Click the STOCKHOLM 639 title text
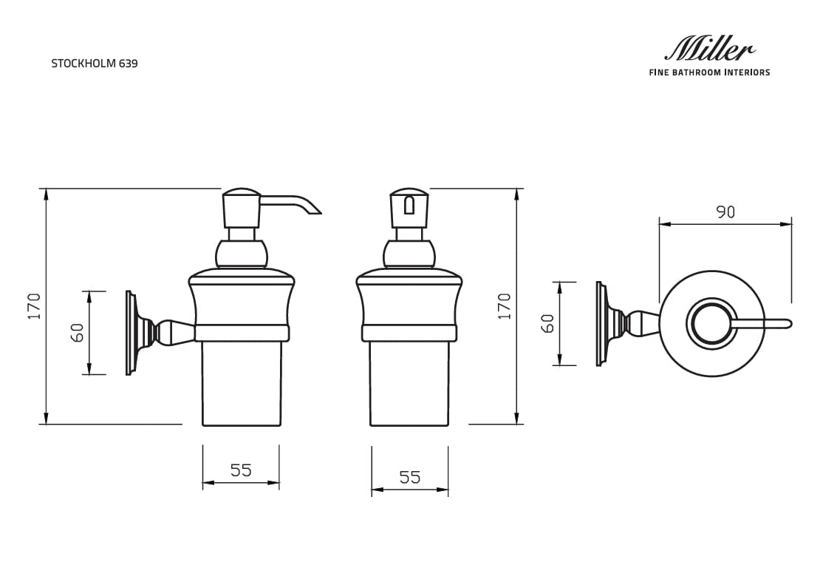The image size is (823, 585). coord(94,64)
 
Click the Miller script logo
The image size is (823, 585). coord(709,50)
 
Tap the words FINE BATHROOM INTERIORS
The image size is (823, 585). coord(709,72)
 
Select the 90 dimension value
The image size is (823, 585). coord(725,212)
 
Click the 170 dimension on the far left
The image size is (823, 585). coord(34,306)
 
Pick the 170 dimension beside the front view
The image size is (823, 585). coord(504,306)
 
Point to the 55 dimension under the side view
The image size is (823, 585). coord(241,470)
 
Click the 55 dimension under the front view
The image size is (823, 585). coord(409,478)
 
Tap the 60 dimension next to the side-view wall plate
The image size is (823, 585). coord(77,332)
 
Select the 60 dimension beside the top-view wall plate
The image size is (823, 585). coord(547,323)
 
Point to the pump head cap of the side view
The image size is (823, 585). coord(242,210)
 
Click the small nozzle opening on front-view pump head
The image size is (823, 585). coord(409,206)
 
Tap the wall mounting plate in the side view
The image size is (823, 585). coord(131,333)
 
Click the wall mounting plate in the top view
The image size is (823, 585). coord(600,323)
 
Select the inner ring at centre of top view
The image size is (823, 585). coord(712,323)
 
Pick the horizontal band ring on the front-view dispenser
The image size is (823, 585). coord(409,333)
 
